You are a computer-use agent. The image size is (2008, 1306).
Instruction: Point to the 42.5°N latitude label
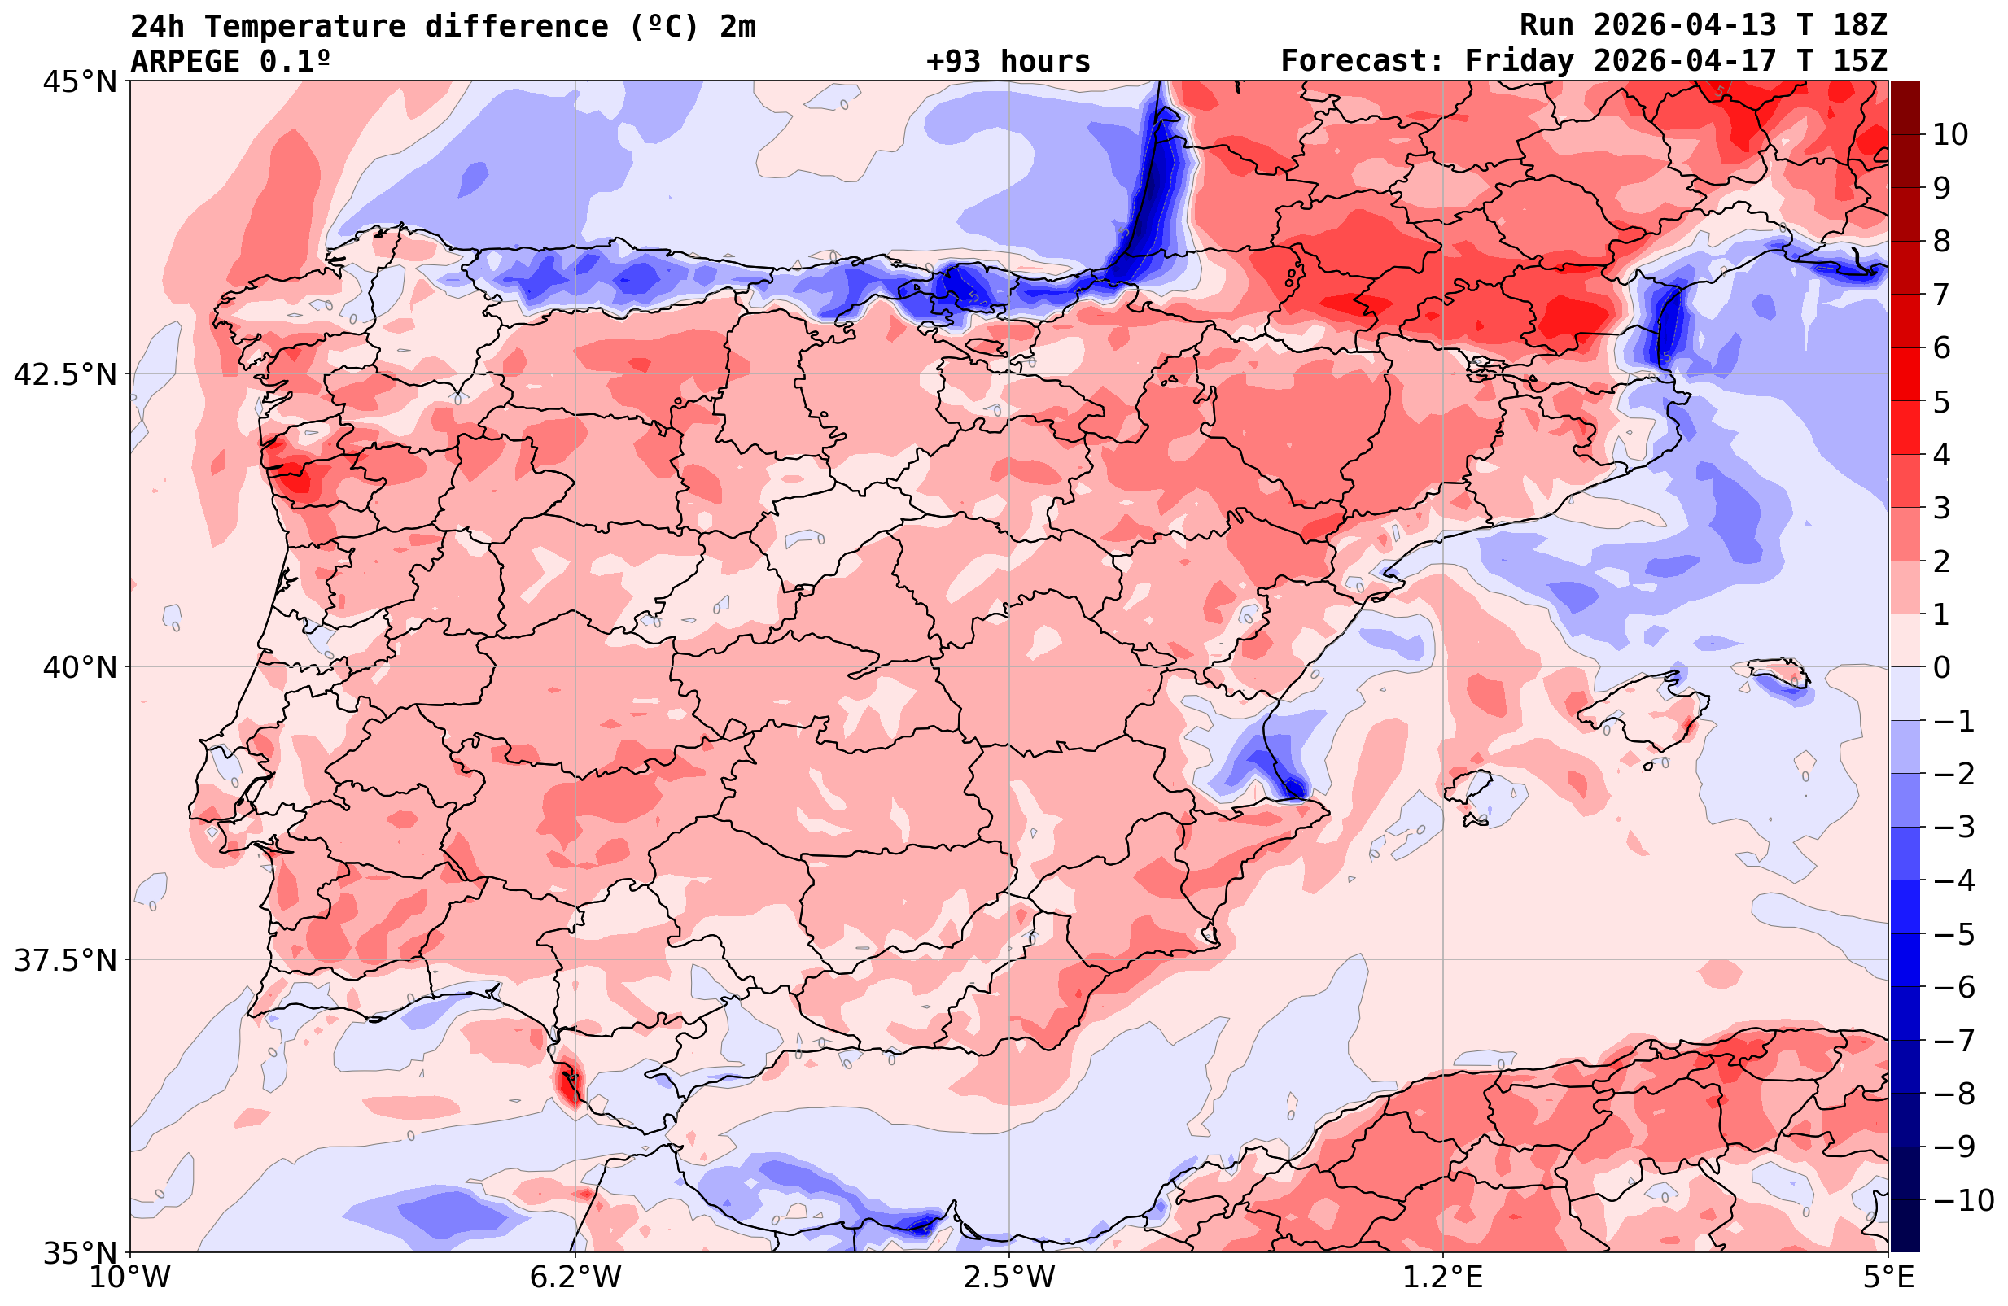[x=64, y=374]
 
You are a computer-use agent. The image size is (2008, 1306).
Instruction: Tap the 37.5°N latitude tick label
[x=64, y=960]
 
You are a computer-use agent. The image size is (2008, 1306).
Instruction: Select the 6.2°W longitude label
[x=575, y=1278]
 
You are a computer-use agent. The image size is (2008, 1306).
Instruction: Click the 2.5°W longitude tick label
[x=1009, y=1278]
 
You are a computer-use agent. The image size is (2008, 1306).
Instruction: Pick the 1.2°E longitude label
[x=1443, y=1278]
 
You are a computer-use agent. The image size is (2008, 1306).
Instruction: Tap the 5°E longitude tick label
[x=1887, y=1278]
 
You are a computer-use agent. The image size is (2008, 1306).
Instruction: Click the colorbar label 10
[x=1951, y=135]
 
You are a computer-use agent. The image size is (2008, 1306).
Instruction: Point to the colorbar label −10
[x=1962, y=1199]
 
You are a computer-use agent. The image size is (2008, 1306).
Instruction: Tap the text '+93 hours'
[x=1008, y=62]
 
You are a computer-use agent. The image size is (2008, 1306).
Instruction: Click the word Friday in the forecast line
[x=1519, y=62]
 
